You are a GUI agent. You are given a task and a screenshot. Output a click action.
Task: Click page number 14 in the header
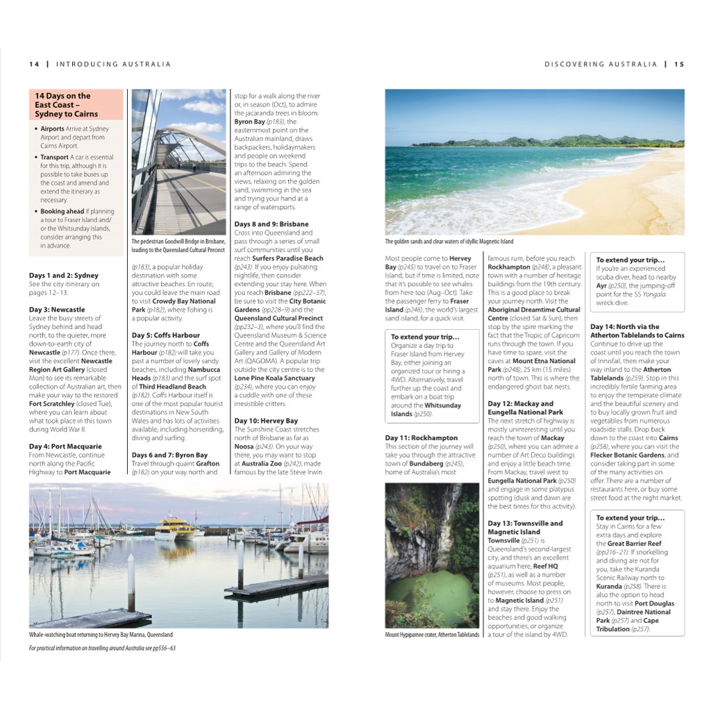[33, 65]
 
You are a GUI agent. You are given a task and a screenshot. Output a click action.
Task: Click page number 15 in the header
[678, 65]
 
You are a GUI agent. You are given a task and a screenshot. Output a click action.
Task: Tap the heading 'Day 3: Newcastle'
[57, 310]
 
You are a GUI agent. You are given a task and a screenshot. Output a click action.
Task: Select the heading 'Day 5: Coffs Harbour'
[166, 335]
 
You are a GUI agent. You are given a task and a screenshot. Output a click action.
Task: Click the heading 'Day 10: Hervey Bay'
[266, 421]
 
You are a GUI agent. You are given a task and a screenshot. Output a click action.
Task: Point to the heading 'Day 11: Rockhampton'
[421, 438]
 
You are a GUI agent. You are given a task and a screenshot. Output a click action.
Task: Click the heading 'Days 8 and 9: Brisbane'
[271, 224]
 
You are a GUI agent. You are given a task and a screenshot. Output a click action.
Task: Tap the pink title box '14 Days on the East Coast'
[76, 105]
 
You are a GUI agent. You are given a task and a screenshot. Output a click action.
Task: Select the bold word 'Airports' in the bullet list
[52, 129]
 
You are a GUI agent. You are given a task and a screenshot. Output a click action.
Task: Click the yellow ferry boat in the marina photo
[174, 527]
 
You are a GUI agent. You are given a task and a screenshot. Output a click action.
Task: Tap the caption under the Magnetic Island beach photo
[449, 242]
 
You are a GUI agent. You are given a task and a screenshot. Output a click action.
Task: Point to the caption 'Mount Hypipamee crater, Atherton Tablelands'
[432, 635]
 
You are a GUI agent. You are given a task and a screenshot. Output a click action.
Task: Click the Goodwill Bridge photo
[178, 162]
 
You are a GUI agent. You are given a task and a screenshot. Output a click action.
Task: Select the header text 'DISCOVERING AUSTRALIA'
[601, 65]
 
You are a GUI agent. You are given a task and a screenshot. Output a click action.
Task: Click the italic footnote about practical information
[102, 648]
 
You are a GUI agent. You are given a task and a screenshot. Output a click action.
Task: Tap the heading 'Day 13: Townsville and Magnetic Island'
[525, 528]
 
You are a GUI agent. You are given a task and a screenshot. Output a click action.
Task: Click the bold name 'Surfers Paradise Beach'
[287, 258]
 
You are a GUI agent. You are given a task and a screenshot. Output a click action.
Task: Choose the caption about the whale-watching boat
[101, 635]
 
